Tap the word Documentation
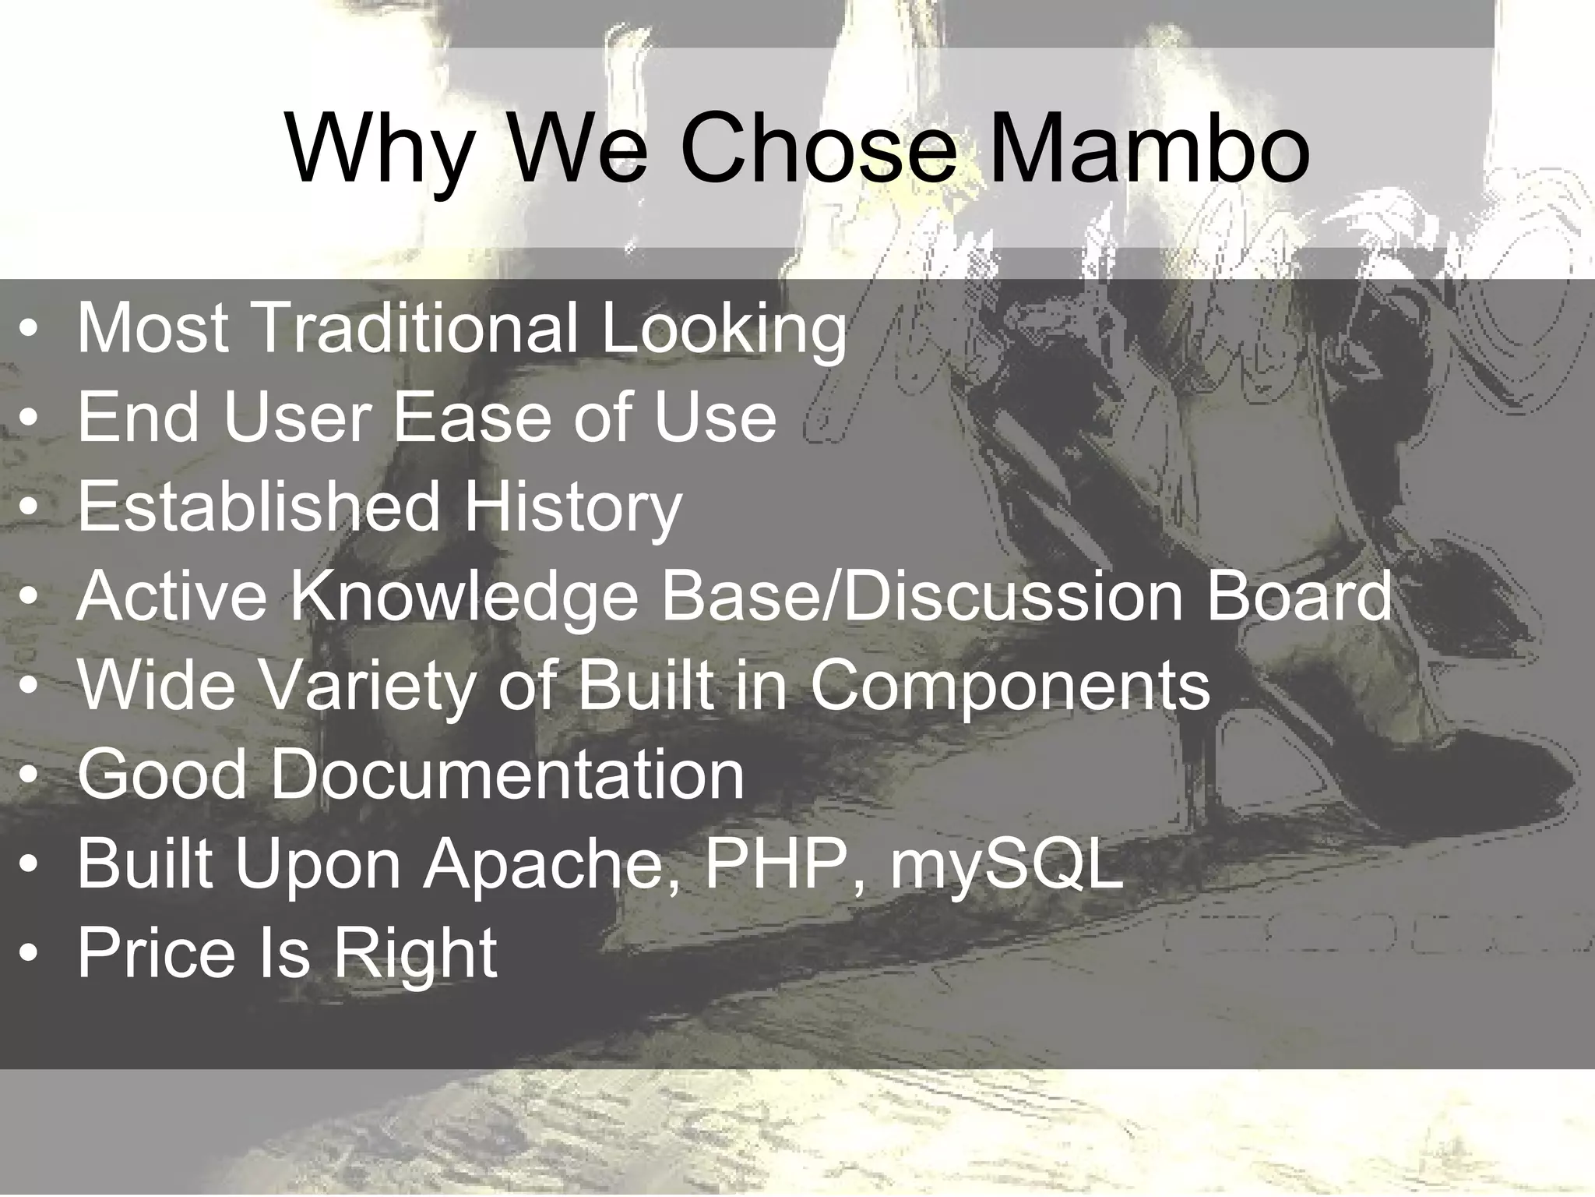coord(507,775)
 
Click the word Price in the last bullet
coord(156,952)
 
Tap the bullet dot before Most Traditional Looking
coord(29,330)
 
